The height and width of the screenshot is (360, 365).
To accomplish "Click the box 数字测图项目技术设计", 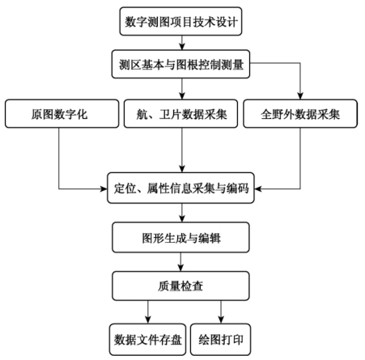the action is click(x=180, y=21).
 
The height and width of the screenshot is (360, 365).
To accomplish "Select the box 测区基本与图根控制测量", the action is click(x=180, y=64).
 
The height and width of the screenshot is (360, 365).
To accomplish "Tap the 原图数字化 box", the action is click(x=62, y=113).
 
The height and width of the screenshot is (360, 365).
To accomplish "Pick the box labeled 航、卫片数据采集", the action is click(x=180, y=113).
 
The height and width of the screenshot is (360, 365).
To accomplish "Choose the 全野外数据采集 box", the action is click(x=300, y=113).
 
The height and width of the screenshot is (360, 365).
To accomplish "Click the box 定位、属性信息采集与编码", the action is click(x=180, y=188).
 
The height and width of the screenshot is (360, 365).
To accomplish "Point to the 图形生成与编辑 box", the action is click(x=180, y=237).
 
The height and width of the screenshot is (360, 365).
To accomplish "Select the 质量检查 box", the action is click(x=180, y=286).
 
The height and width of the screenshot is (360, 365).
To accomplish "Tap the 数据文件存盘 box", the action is click(x=147, y=340).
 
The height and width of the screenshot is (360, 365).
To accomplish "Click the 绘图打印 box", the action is click(x=221, y=340).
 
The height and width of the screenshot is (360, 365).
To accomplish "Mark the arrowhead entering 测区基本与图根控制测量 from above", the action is click(x=182, y=46).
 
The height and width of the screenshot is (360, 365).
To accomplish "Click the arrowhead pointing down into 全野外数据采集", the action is click(x=300, y=96).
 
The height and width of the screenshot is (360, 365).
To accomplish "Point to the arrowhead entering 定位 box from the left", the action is click(x=104, y=188).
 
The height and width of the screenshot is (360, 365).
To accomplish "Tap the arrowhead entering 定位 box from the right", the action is click(x=258, y=188).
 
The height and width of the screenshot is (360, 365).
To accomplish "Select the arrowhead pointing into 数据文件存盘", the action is click(x=148, y=320).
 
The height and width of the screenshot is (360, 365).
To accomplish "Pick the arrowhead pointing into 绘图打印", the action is click(x=221, y=320).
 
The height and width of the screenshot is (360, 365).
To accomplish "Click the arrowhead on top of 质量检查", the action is click(x=180, y=268).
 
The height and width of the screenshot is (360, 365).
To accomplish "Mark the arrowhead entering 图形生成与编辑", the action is click(x=182, y=218).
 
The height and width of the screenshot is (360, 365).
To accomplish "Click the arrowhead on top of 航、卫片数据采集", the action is click(x=182, y=96).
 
